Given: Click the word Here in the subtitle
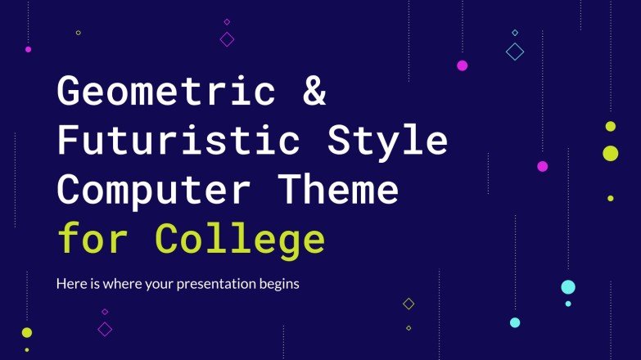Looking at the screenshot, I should point(70,285).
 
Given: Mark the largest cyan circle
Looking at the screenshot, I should point(568,286).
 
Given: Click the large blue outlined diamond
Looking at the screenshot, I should point(515,52).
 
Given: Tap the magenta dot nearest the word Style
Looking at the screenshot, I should point(542,166).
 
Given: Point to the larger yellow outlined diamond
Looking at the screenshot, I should point(409,304).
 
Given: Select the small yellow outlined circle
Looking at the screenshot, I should point(79,33).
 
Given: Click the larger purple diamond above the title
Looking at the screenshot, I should point(227,38).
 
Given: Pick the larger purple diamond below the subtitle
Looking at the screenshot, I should point(105,329).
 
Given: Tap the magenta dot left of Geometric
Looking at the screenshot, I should point(28,49).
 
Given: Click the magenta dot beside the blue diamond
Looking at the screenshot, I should point(462,65).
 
